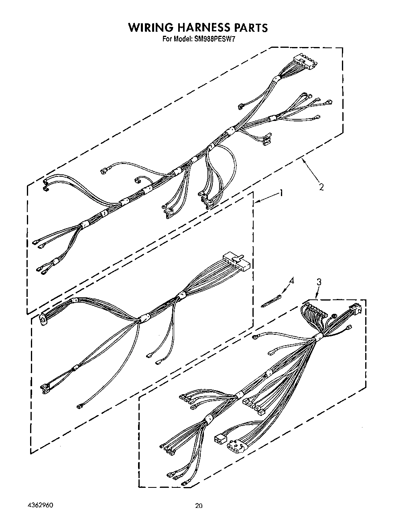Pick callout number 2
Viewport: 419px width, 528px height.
[321, 186]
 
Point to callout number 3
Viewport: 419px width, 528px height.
[319, 282]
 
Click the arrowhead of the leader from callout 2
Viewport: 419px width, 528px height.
[302, 160]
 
